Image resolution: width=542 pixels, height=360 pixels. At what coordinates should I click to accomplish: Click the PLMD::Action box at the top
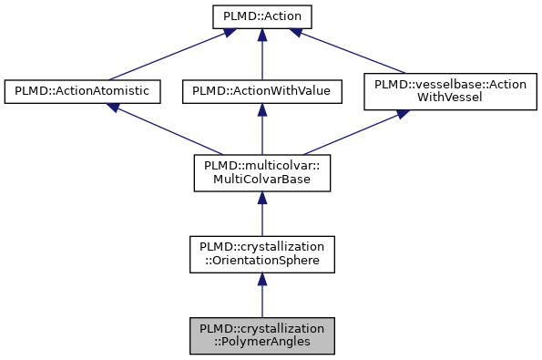coord(261,15)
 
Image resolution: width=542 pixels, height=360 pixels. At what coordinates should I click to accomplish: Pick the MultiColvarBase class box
coord(261,172)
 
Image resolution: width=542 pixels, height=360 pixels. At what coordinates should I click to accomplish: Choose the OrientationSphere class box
coord(261,254)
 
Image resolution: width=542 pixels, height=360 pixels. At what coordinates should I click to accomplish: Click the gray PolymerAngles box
coord(261,336)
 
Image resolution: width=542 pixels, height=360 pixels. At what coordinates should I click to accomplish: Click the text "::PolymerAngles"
coord(261,344)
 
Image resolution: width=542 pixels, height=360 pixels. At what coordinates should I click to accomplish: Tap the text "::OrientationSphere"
coord(261,262)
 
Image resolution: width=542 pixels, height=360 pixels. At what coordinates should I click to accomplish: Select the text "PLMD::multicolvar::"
coord(261,165)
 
